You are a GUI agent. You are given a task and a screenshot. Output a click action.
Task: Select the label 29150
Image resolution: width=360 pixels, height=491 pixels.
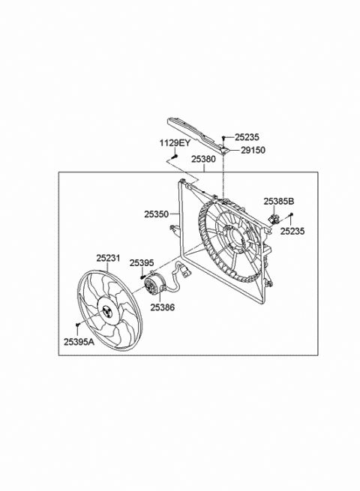(x=253, y=150)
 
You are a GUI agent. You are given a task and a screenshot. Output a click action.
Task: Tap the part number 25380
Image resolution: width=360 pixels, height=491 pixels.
(x=204, y=159)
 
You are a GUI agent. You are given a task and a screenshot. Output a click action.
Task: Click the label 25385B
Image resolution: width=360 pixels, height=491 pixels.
(x=279, y=202)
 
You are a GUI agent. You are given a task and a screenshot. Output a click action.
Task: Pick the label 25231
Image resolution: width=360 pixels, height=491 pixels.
(x=107, y=257)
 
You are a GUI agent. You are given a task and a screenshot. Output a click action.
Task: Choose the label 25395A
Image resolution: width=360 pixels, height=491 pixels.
(x=78, y=342)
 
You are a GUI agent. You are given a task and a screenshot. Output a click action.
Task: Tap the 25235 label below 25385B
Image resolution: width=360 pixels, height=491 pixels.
(x=293, y=232)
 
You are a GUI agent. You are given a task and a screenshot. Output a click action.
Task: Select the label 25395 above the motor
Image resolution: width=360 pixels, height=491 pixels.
(x=141, y=262)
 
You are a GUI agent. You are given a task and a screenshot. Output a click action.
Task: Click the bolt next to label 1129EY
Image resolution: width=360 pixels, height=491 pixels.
(x=173, y=155)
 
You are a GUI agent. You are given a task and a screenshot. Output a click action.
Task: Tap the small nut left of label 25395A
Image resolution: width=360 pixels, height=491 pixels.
(x=78, y=325)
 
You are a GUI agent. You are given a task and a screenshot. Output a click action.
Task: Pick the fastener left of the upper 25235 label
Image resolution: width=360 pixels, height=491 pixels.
(x=223, y=137)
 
